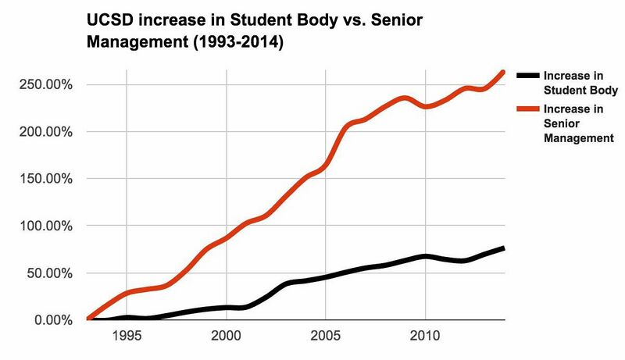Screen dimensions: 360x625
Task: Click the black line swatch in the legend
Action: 527,75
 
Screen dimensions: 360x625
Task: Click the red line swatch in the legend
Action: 527,109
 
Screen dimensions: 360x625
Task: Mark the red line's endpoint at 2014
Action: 504,72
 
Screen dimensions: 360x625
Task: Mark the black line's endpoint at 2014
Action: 504,248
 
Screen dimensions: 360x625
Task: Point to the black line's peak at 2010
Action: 424,256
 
